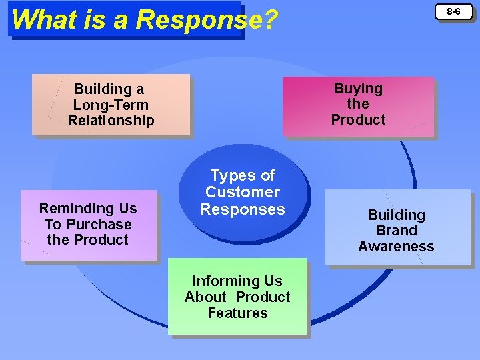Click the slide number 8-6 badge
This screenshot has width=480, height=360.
coord(453,11)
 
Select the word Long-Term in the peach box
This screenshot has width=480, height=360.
coord(111,105)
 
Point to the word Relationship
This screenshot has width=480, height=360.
coord(111,121)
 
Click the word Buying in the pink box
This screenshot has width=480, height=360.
coord(358,89)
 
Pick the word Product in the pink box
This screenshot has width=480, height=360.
coord(358,120)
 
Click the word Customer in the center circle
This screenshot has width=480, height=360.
coord(243,193)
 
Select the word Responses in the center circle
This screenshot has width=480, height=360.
coord(243,209)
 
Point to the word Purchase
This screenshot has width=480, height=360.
coord(98,225)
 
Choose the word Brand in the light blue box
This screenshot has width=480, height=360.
coord(396,231)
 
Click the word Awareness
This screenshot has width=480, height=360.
coord(396,247)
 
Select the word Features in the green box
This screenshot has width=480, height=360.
coord(237,313)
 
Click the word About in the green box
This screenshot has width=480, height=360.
coord(207,297)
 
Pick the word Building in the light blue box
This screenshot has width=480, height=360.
coord(396,215)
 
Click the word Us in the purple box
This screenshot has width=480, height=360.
coord(125,209)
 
